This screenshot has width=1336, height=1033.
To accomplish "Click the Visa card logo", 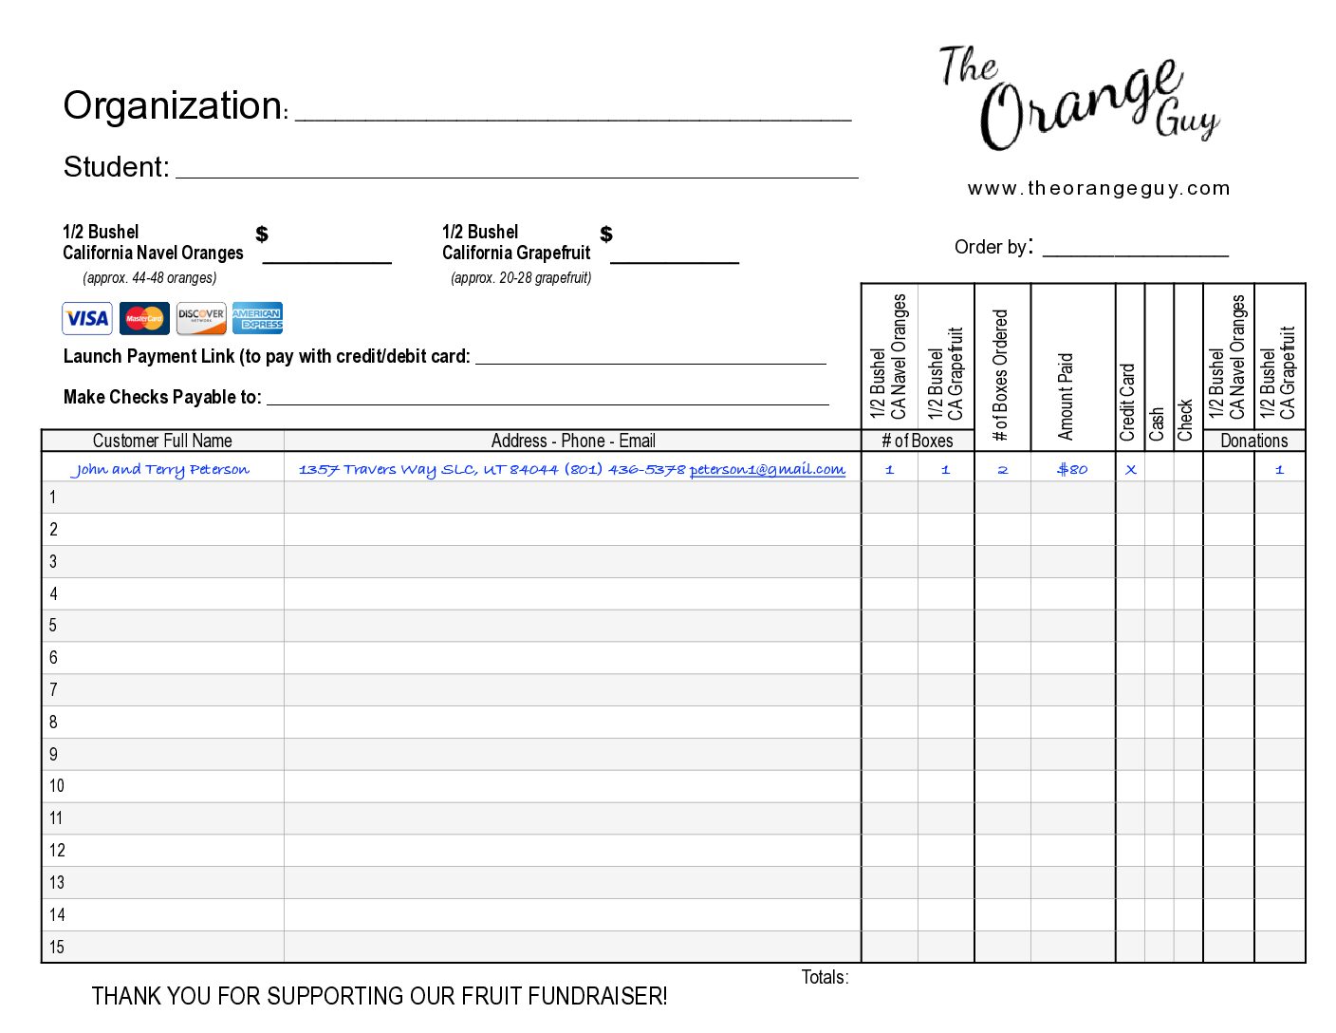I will (x=87, y=318).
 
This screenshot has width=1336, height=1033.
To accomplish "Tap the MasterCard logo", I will (x=144, y=318).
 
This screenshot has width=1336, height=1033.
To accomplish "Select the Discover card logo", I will (x=201, y=318).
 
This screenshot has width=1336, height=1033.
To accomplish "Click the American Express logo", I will (x=257, y=318).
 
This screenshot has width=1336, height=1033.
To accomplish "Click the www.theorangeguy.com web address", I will (x=1099, y=188).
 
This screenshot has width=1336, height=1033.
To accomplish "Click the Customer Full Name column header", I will (x=162, y=441).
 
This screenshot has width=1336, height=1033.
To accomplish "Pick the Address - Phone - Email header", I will (x=573, y=441).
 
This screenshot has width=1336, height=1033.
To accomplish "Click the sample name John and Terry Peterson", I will (x=160, y=469).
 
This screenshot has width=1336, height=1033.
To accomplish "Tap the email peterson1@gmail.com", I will (x=767, y=469).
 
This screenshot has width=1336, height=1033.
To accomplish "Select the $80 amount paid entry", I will (x=1072, y=469).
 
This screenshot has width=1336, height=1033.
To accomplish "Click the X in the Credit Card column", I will (x=1130, y=469).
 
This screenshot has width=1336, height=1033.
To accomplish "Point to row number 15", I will (x=57, y=947).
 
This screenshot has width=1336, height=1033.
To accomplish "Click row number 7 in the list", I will (x=53, y=689).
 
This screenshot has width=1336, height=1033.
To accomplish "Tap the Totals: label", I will (x=825, y=977).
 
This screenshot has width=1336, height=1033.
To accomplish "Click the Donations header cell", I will (x=1253, y=441).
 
